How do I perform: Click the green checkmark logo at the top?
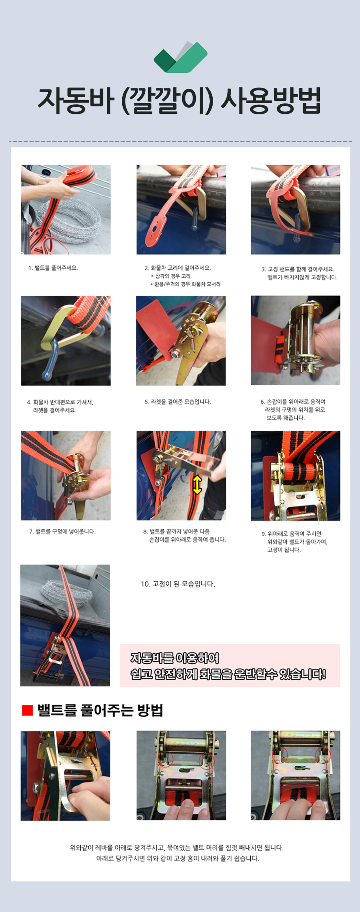[x=180, y=57]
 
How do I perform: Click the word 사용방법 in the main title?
[x=270, y=101]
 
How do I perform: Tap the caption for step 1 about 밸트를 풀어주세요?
[x=53, y=268]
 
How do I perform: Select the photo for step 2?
[x=181, y=209]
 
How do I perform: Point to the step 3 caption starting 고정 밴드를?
[x=299, y=273]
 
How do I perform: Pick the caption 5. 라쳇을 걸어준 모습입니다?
[x=178, y=402]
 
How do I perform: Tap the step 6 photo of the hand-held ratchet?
[x=296, y=340]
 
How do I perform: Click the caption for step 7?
[x=62, y=532]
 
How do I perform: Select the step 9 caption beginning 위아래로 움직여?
[x=294, y=541]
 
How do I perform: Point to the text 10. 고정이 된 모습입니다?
[x=178, y=584]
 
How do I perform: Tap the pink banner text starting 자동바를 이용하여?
[x=228, y=666]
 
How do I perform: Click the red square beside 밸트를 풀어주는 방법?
[x=27, y=710]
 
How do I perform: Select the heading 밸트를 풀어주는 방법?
[x=100, y=710]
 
